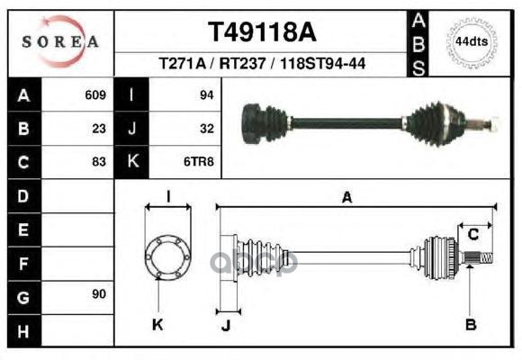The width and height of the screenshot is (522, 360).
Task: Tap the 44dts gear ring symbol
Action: coord(472,41)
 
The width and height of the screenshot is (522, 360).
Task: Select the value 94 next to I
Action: coord(206,94)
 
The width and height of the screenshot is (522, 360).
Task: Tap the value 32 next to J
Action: coord(206,128)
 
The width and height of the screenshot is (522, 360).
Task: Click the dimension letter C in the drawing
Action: coord(472,234)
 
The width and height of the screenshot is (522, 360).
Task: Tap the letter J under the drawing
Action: coord(226,324)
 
